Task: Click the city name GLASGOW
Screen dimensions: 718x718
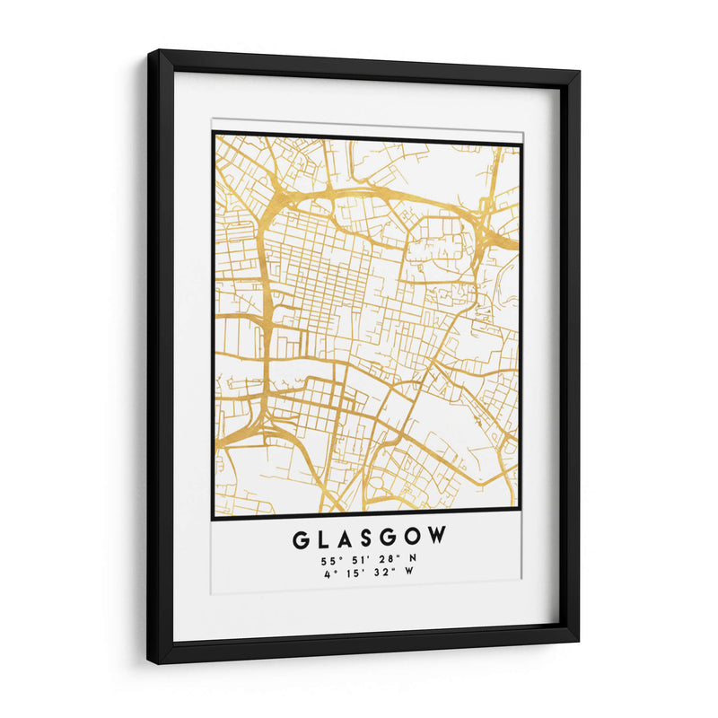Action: (x=369, y=538)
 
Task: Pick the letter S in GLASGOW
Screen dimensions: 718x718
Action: (x=367, y=538)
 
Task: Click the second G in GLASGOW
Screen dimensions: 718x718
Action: (x=389, y=538)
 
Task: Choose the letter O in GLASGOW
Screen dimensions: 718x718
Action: (x=412, y=538)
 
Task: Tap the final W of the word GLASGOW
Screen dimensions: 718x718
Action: (x=437, y=538)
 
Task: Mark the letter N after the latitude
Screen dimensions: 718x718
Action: (x=412, y=561)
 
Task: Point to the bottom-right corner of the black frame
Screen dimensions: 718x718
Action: (x=577, y=639)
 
